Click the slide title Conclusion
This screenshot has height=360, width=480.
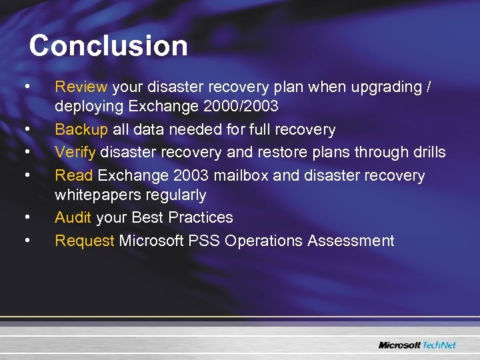pyautogui.click(x=108, y=46)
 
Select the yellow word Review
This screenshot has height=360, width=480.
pyautogui.click(x=81, y=87)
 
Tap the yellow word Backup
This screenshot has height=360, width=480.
pyautogui.click(x=81, y=129)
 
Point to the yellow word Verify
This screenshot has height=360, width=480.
pyautogui.click(x=75, y=152)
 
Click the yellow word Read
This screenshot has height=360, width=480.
pyautogui.click(x=74, y=175)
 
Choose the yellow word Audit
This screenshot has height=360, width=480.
pyautogui.click(x=73, y=217)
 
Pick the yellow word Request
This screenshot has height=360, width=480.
pyautogui.click(x=85, y=241)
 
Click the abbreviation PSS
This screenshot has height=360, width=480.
pyautogui.click(x=207, y=241)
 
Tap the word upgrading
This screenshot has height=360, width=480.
pyautogui.click(x=381, y=87)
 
